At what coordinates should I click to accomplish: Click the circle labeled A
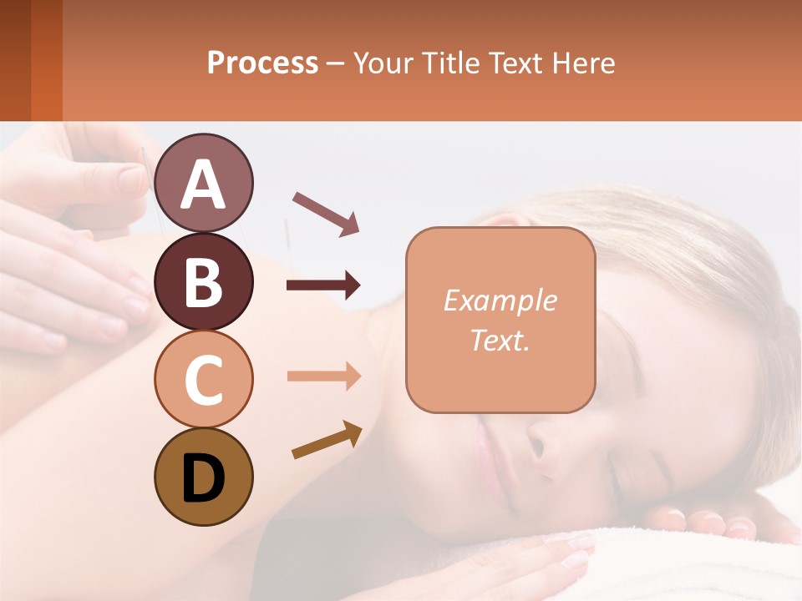pyautogui.click(x=204, y=183)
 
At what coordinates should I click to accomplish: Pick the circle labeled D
pyautogui.click(x=204, y=477)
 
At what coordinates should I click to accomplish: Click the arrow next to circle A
pyautogui.click(x=326, y=213)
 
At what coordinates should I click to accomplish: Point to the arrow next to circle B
pyautogui.click(x=323, y=285)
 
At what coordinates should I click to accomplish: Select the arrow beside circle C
pyautogui.click(x=323, y=376)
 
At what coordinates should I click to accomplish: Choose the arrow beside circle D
pyautogui.click(x=327, y=440)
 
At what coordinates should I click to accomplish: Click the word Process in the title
pyautogui.click(x=262, y=63)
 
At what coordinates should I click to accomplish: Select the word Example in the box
pyautogui.click(x=500, y=300)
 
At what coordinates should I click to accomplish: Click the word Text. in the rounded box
pyautogui.click(x=500, y=340)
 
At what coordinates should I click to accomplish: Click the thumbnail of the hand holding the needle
pyautogui.click(x=131, y=178)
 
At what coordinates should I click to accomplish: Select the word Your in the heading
pyautogui.click(x=382, y=63)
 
